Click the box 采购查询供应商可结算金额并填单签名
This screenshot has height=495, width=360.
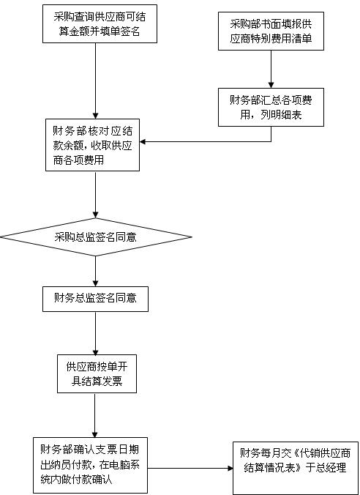pos(96,23)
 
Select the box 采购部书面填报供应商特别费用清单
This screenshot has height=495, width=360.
pos(271,31)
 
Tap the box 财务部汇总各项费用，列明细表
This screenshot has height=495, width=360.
pos(271,106)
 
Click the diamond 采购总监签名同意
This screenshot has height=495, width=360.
pos(96,237)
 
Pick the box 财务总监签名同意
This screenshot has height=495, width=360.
pos(96,297)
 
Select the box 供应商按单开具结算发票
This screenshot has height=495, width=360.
pos(96,373)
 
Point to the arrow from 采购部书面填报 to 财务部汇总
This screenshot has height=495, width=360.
pos(271,69)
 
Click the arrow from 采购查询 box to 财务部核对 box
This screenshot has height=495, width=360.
pos(96,81)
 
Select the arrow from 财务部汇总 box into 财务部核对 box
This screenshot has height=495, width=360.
pos(212,141)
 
